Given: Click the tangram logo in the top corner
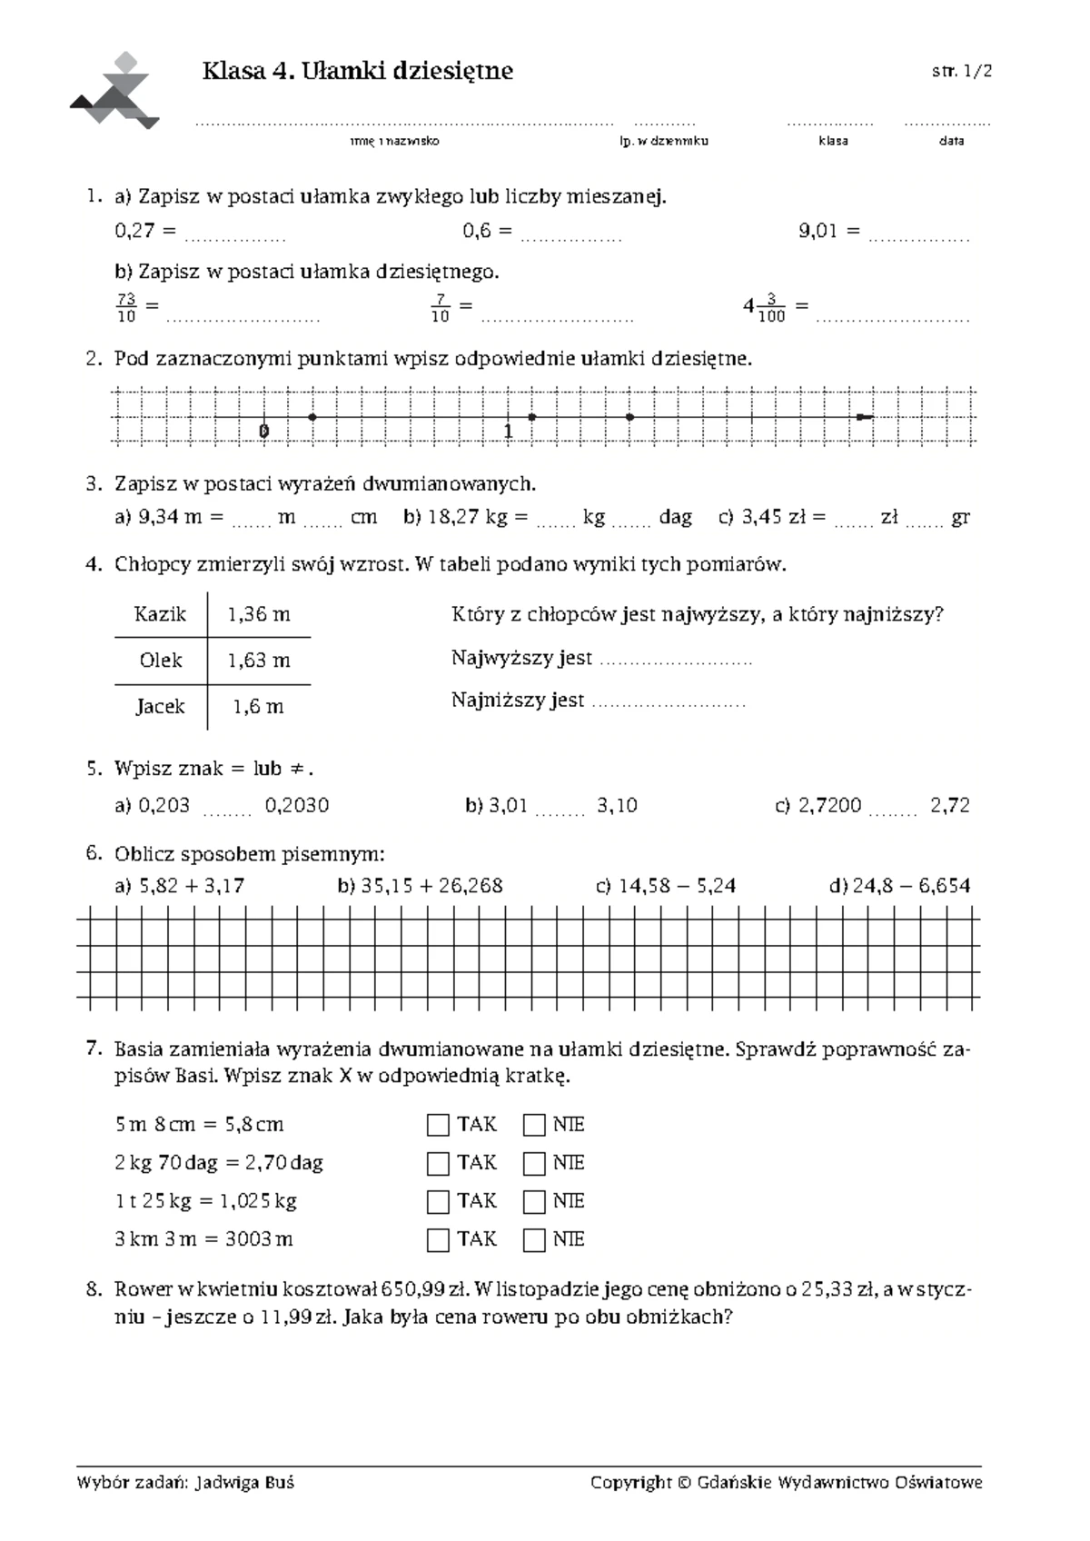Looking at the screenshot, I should pyautogui.click(x=115, y=91).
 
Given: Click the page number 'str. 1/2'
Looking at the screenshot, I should pyautogui.click(x=961, y=72).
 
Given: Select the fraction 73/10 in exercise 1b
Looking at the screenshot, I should pyautogui.click(x=126, y=308).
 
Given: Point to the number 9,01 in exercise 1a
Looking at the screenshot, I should pyautogui.click(x=817, y=232).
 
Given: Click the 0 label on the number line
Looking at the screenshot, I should pyautogui.click(x=263, y=431).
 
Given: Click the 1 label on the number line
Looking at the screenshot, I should pyautogui.click(x=509, y=431).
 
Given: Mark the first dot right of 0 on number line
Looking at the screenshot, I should pyautogui.click(x=312, y=417).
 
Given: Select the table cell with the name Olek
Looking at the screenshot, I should pyautogui.click(x=161, y=661).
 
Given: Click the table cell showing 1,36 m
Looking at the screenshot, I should pyautogui.click(x=259, y=614).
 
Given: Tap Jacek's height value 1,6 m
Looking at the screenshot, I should pyautogui.click(x=259, y=707).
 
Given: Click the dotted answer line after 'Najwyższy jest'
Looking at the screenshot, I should pyautogui.click(x=677, y=661).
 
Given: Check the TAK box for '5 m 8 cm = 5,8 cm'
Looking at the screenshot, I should pyautogui.click(x=438, y=1126).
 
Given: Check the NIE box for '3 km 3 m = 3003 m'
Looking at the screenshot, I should pyautogui.click(x=534, y=1240).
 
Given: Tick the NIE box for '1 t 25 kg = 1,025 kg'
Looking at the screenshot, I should pyautogui.click(x=534, y=1202).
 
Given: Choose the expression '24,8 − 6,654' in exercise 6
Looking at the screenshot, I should pyautogui.click(x=911, y=886).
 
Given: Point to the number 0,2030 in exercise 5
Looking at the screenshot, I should pyautogui.click(x=297, y=806).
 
